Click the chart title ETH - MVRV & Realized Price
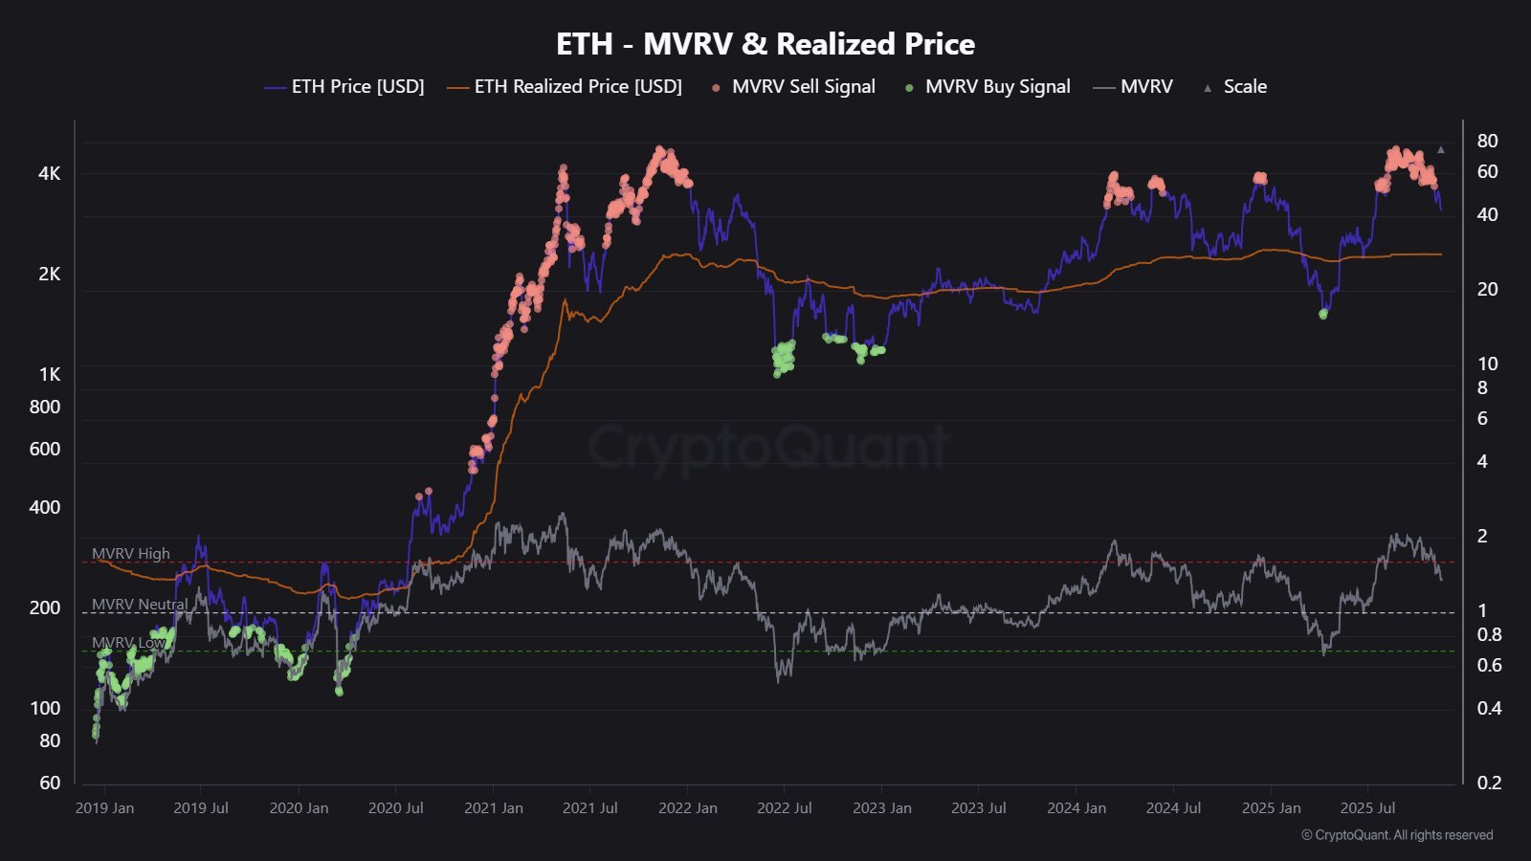coord(765,44)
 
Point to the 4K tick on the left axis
coord(49,173)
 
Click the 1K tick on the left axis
coord(49,374)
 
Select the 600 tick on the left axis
coord(45,449)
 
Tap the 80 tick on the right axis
coord(1487,141)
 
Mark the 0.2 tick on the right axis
coord(1489,783)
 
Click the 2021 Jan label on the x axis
coord(494,808)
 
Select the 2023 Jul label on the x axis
coord(979,808)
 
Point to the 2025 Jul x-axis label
coord(1367,808)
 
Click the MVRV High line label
coord(131,553)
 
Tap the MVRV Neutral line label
coord(140,605)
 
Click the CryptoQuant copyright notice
coord(1397,835)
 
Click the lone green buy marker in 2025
coord(1323,314)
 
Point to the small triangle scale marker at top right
coord(1441,150)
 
